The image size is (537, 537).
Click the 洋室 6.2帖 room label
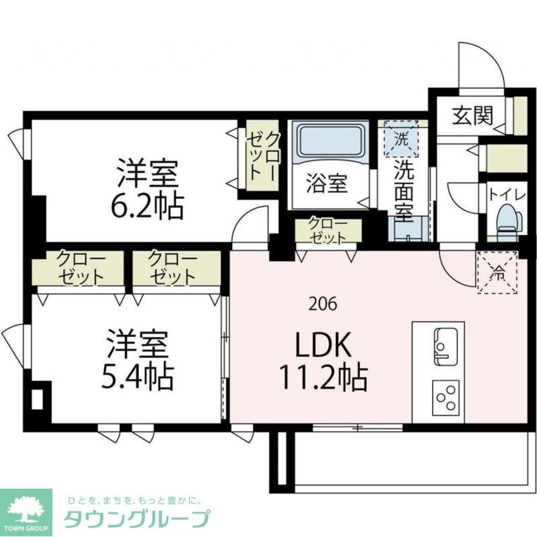[146, 188]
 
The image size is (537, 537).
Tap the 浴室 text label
[326, 184]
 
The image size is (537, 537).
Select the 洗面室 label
[404, 191]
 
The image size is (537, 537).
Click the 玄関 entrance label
[472, 115]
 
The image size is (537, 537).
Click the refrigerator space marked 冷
[497, 273]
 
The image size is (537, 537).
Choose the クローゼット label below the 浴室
[328, 230]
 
